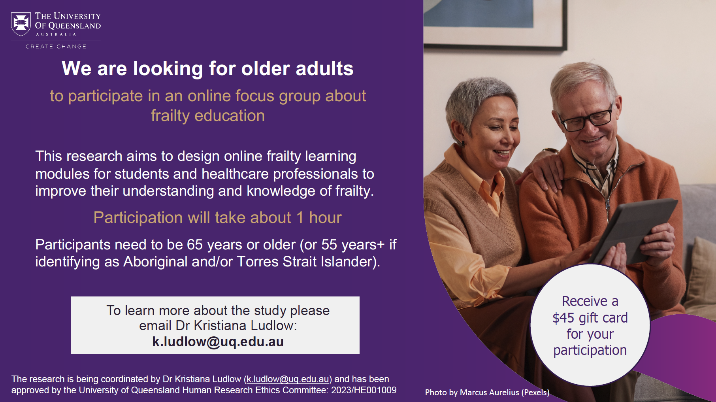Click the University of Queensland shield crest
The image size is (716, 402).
point(21,24)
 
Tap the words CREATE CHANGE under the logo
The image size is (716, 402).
point(56,47)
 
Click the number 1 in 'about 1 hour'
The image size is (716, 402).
point(300,218)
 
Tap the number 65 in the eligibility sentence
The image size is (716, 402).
point(195,245)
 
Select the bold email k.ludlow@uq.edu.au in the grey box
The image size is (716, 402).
point(218,342)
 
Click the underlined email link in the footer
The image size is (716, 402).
point(288,379)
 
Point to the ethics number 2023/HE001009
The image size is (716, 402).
point(364,390)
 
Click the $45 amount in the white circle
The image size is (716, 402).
point(563,318)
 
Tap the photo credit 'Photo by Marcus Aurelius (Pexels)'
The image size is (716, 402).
point(487,393)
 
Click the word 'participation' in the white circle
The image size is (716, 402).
point(590,351)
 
